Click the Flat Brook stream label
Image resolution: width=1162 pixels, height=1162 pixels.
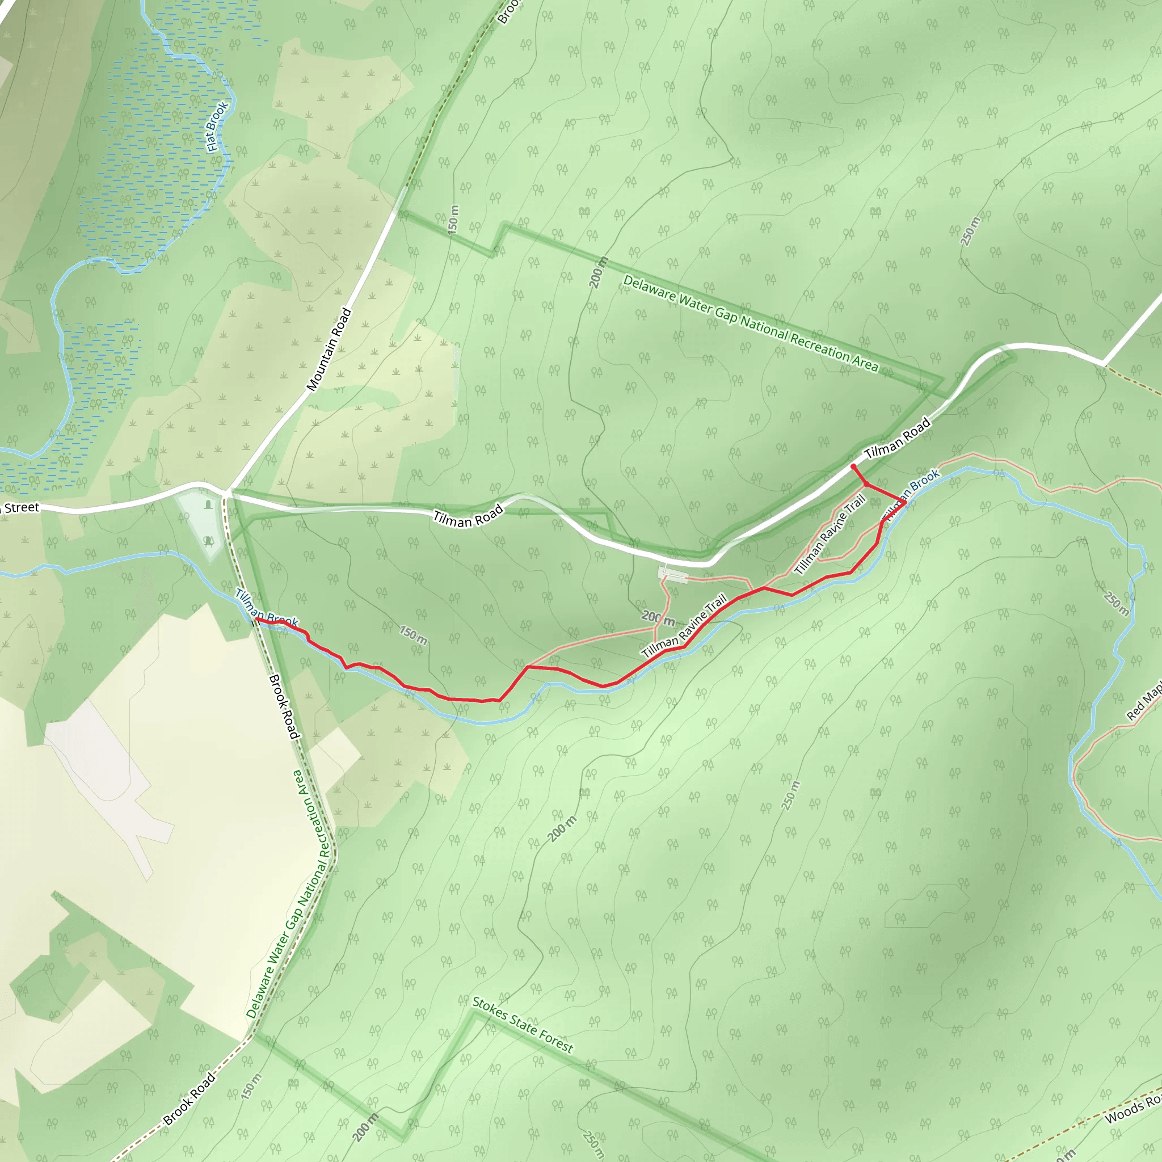[x=217, y=127]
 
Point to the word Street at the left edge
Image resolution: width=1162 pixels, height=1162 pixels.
[x=22, y=508]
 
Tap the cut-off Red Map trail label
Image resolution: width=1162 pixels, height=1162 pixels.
[x=1144, y=702]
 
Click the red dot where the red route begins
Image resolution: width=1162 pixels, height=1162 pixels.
[x=853, y=467]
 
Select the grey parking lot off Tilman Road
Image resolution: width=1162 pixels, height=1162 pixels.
[x=673, y=574]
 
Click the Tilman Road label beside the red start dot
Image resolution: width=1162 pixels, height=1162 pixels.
[x=898, y=437]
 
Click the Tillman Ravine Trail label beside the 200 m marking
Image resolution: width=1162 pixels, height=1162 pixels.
[x=684, y=627]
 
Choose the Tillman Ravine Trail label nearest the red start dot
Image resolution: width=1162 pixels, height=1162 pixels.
[x=830, y=534]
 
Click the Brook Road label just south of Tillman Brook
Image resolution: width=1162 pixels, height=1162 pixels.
[x=283, y=707]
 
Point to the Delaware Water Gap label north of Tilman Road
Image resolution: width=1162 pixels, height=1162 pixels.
[x=751, y=323]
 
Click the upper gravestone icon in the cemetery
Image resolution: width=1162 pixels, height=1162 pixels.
[x=208, y=504]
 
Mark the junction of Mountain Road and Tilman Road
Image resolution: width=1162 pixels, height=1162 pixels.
[x=228, y=491]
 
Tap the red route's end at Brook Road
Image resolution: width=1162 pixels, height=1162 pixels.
[x=257, y=618]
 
